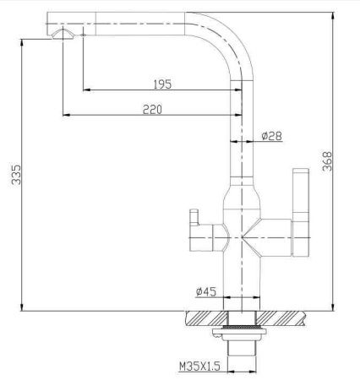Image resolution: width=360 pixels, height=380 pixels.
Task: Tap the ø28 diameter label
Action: click(x=271, y=135)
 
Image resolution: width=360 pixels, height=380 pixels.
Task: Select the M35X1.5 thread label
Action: click(x=199, y=366)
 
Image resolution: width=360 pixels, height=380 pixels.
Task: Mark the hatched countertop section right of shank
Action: click(x=283, y=318)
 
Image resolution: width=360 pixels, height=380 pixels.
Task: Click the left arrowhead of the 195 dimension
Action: click(x=85, y=89)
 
